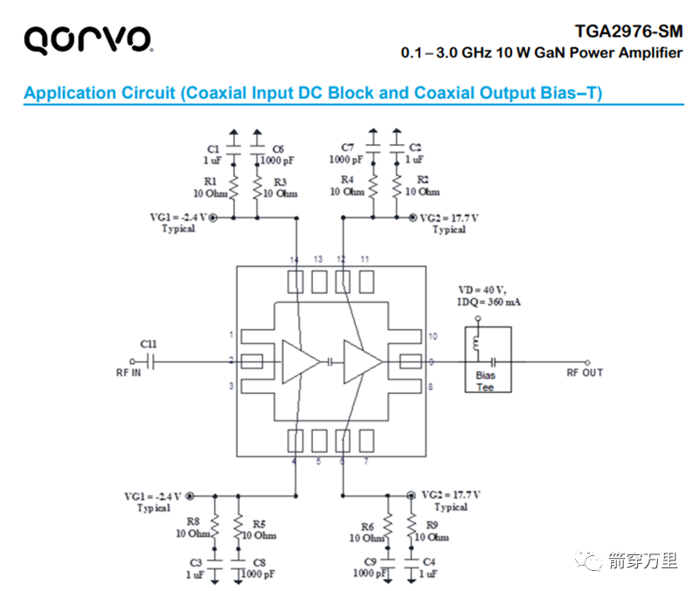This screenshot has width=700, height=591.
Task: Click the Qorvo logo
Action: pyautogui.click(x=87, y=38)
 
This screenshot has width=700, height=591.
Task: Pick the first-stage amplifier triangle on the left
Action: pyautogui.click(x=299, y=361)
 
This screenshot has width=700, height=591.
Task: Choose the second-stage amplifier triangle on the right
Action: pyautogui.click(x=362, y=361)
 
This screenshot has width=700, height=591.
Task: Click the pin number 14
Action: pyautogui.click(x=295, y=260)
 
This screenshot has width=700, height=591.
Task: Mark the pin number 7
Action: pyautogui.click(x=365, y=461)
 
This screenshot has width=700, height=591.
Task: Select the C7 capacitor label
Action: pyautogui.click(x=347, y=148)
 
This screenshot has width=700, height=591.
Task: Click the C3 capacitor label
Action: pyautogui.click(x=196, y=562)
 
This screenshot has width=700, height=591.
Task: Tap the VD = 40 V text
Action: pyautogui.click(x=482, y=290)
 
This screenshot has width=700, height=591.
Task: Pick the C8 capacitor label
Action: pyautogui.click(x=259, y=562)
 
